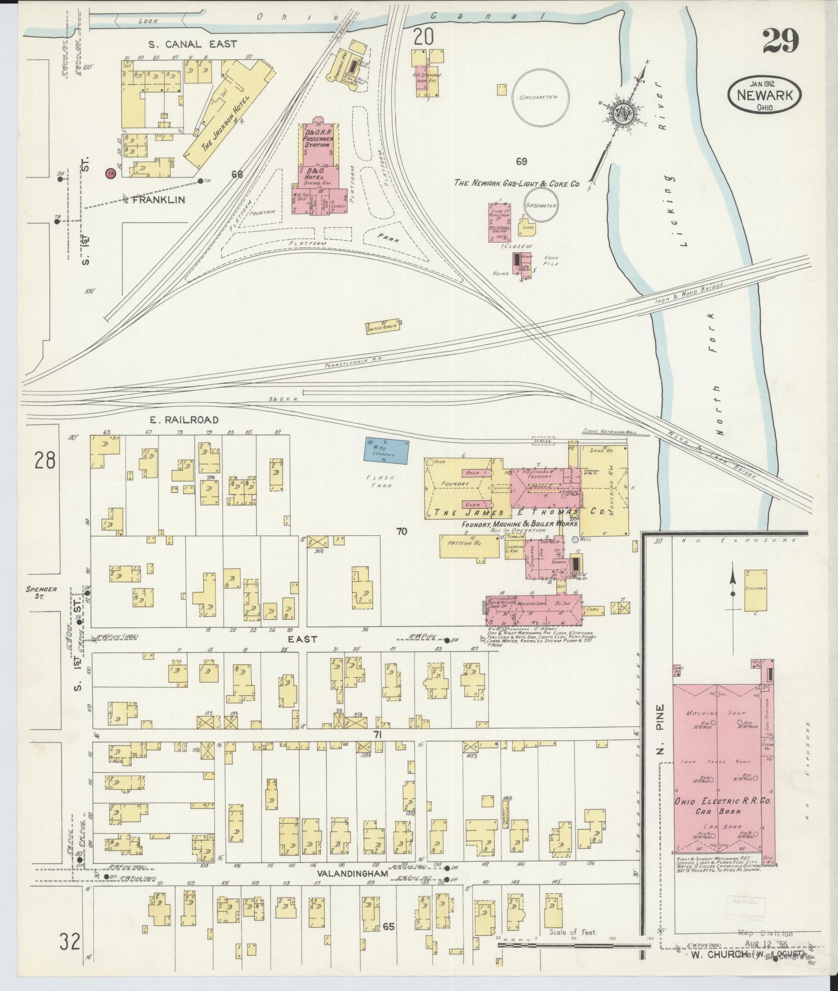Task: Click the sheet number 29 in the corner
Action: click(780, 41)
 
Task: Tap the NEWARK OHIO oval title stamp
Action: click(764, 95)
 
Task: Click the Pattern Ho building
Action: click(469, 546)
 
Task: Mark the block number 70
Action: click(401, 531)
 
